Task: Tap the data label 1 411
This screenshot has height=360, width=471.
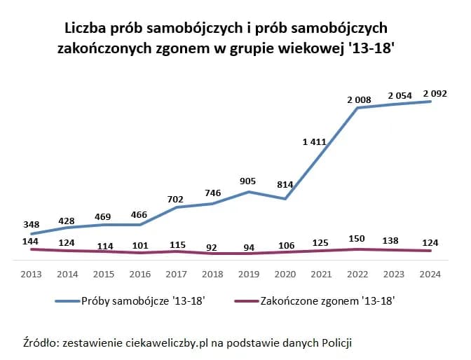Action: tap(314, 142)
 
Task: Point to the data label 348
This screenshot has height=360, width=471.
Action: tap(31, 224)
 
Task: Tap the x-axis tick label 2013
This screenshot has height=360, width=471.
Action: tap(32, 275)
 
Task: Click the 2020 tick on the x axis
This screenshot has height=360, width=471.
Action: tap(285, 275)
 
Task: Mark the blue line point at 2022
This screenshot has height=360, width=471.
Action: tap(357, 108)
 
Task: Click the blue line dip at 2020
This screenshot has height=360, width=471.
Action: tap(285, 199)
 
